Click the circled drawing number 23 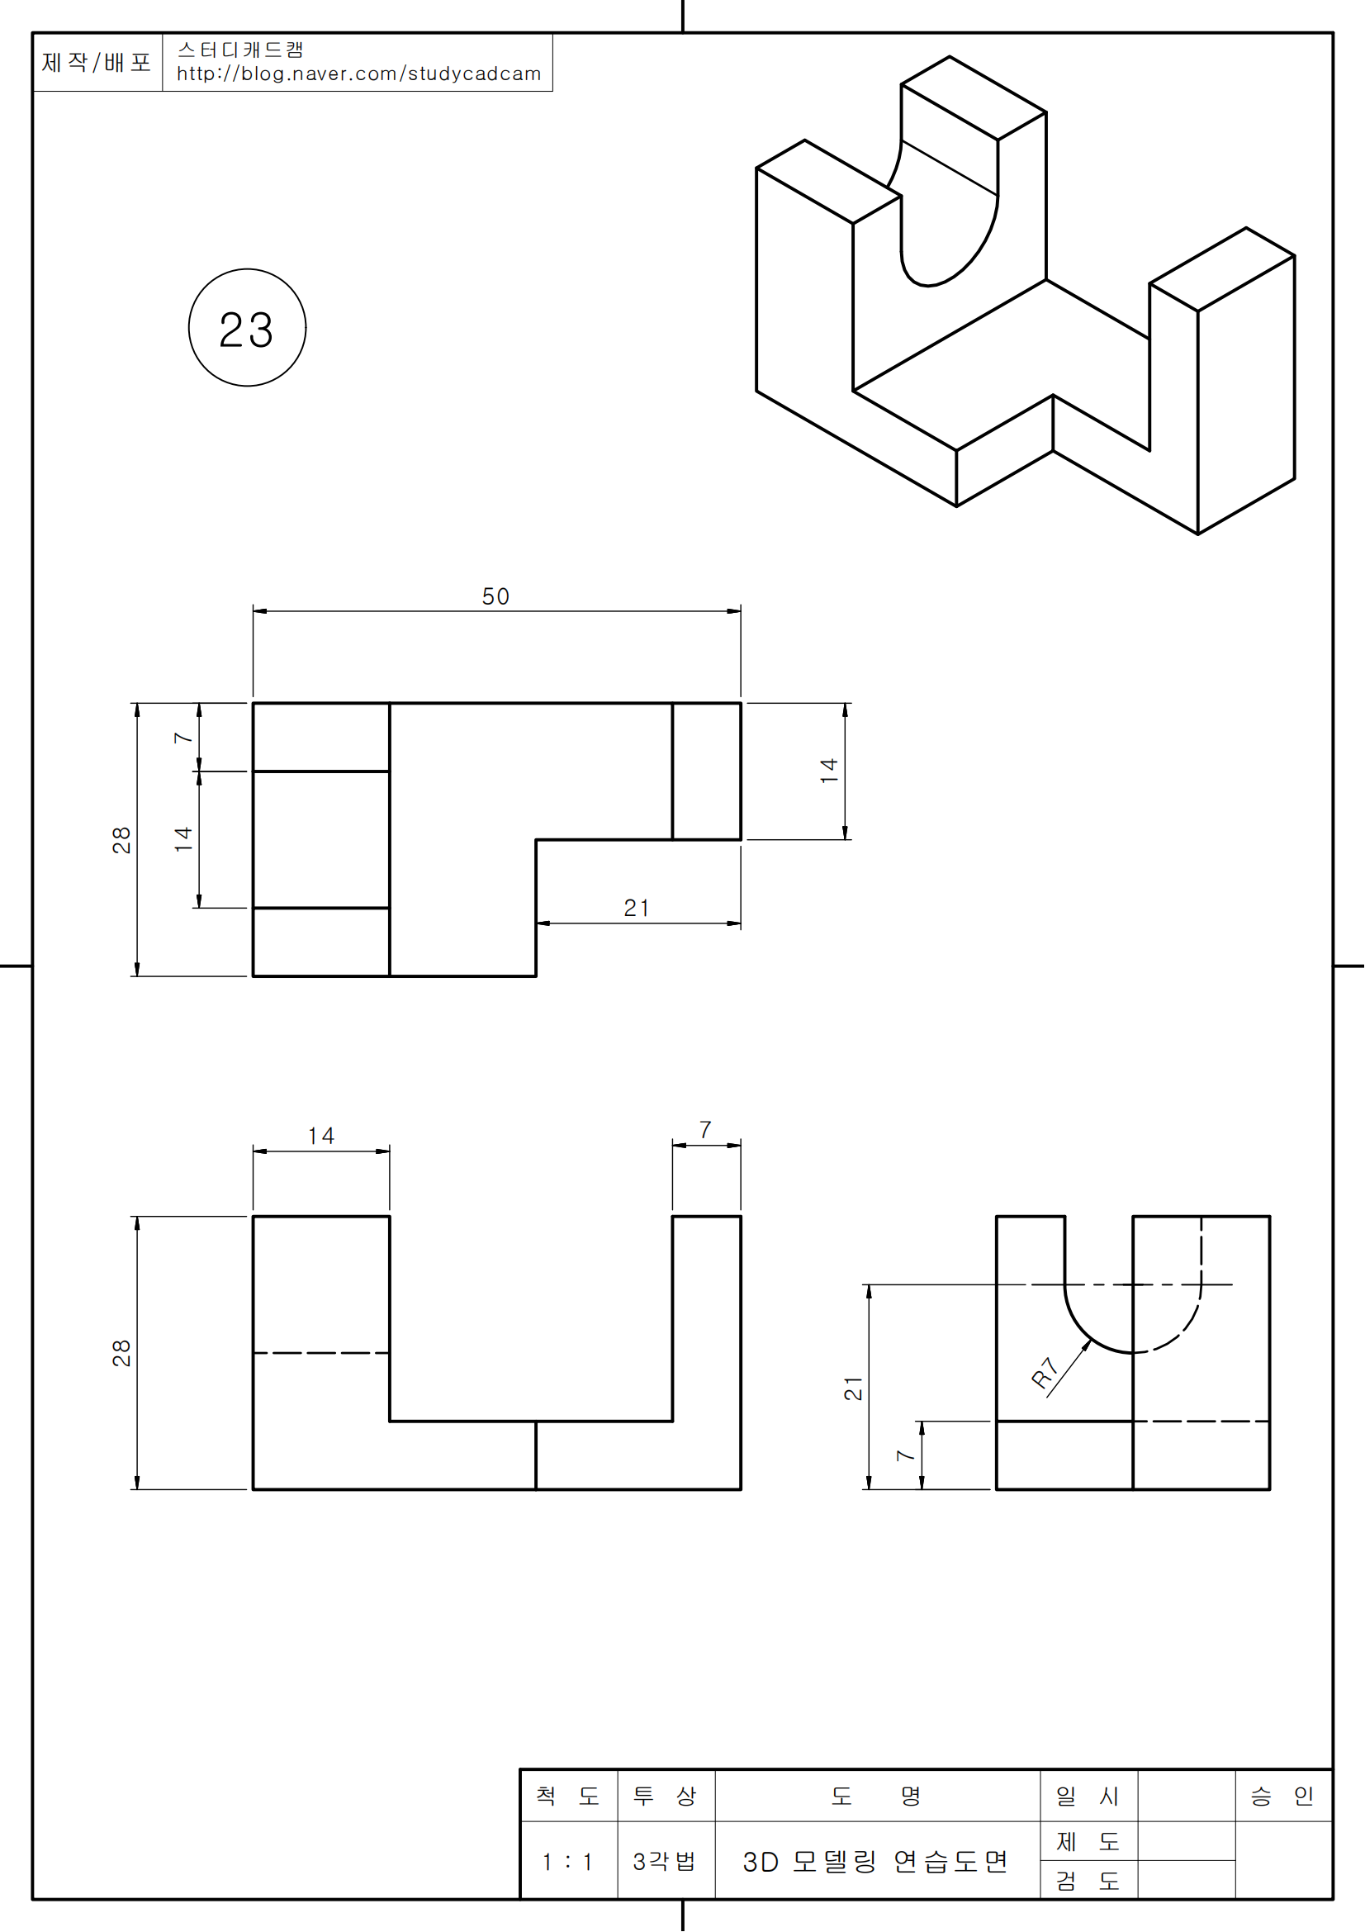point(246,328)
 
